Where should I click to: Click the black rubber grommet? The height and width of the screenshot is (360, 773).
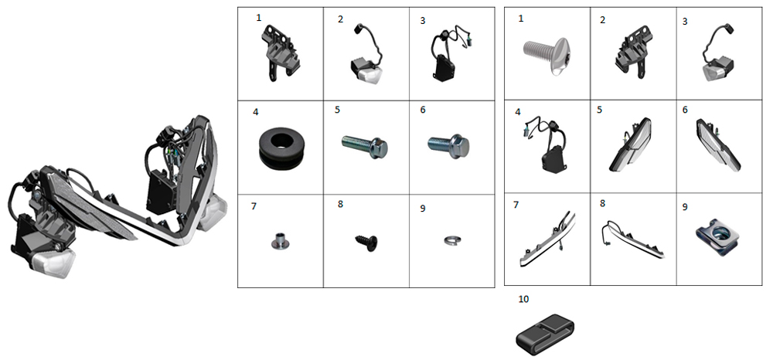coord(280,147)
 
